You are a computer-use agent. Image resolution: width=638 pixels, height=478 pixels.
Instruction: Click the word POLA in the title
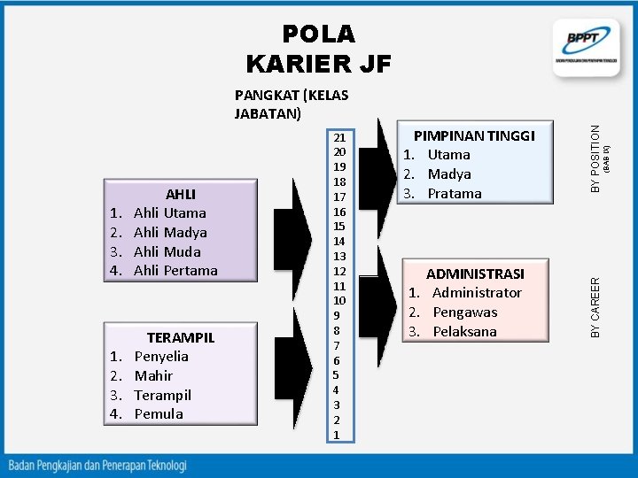tap(318, 34)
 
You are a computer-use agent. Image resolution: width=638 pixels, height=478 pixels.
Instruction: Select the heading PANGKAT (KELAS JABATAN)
tap(291, 104)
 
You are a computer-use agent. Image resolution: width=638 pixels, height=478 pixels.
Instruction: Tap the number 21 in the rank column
tap(339, 138)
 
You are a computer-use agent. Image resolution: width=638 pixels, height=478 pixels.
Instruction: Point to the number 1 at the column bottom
tap(337, 435)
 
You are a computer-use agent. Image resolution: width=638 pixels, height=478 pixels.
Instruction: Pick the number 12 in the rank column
tap(339, 271)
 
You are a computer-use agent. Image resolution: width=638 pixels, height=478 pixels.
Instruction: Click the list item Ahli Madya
tap(169, 232)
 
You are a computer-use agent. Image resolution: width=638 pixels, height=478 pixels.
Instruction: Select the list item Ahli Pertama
tap(175, 270)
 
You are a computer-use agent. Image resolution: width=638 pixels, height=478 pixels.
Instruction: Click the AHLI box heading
tap(181, 194)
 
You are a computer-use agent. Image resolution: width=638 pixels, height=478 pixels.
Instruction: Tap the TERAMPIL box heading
tap(181, 337)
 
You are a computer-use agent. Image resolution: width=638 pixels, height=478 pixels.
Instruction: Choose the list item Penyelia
tap(161, 356)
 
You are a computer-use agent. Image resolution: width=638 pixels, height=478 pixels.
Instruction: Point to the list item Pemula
tap(159, 413)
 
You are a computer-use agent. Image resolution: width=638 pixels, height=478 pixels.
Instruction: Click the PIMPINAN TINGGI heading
tap(474, 135)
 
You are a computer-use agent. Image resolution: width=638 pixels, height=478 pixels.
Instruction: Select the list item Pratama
tap(455, 193)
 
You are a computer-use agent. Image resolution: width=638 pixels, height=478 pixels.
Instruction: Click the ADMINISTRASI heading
tap(475, 274)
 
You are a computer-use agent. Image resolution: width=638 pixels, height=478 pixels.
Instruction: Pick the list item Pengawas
tap(464, 312)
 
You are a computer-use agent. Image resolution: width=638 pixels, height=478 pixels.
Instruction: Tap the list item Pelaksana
tap(464, 331)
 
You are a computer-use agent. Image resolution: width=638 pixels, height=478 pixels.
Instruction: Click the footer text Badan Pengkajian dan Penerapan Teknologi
tap(97, 464)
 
